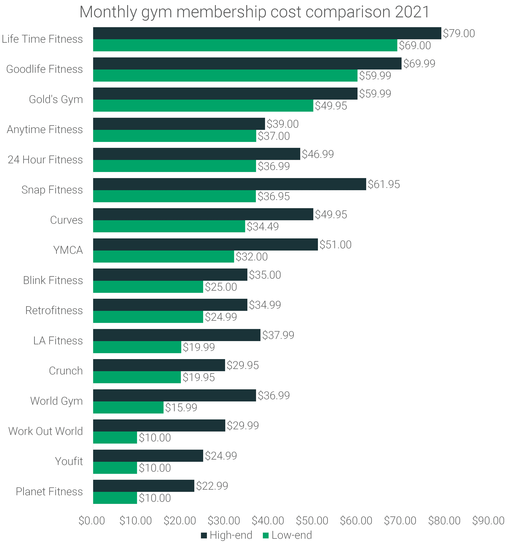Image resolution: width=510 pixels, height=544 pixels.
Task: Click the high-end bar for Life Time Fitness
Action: coord(267,33)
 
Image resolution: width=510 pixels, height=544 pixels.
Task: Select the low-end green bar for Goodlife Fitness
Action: coord(225,75)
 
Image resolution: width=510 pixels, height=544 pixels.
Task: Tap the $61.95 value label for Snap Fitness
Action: coord(384,184)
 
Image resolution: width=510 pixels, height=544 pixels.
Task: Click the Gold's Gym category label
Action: coord(56,99)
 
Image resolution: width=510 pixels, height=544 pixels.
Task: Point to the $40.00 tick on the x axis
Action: coord(268,520)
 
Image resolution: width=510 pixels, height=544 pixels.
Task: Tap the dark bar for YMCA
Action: coord(205,244)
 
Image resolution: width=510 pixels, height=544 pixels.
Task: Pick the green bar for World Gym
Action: coord(128,407)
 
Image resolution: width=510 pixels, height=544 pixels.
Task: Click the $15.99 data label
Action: coord(181,407)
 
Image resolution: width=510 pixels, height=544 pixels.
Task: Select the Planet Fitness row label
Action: coord(49,492)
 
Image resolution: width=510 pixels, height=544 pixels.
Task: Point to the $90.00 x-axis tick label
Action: coord(488,520)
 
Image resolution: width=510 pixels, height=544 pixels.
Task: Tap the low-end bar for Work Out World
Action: coord(115,438)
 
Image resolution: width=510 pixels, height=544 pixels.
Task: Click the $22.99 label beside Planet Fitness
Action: coord(212,486)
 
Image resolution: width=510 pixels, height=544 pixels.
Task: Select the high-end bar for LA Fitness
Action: coord(176,335)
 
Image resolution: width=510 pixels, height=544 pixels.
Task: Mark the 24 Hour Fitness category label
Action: coord(45,160)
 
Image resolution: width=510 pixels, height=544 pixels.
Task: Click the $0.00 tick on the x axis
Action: coord(92,520)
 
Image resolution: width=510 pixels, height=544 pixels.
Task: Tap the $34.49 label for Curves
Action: coord(262,227)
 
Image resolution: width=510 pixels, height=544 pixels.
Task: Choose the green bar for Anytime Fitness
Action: coord(174,136)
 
